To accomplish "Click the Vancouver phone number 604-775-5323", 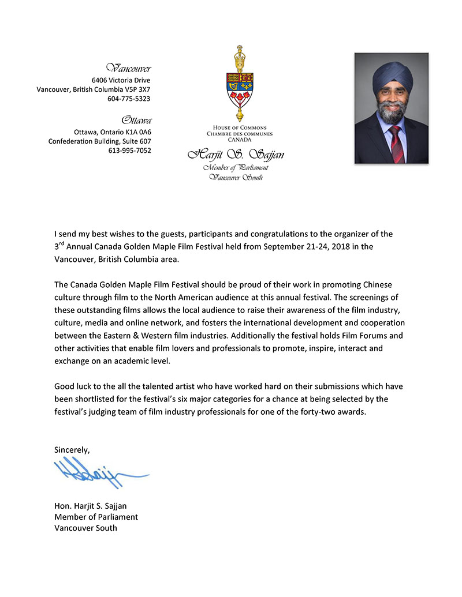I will click(x=129, y=99).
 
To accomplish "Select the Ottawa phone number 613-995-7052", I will click(x=129, y=151).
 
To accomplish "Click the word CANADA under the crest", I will click(x=235, y=139).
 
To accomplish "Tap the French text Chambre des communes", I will click(x=235, y=133).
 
